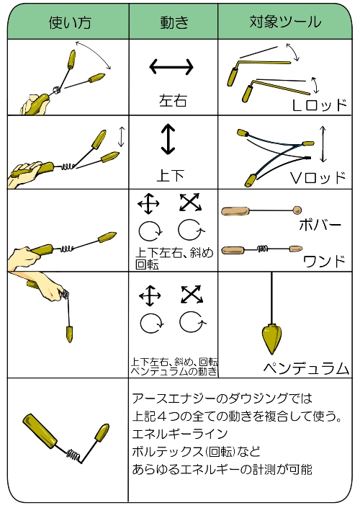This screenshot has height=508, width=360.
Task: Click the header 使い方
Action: point(70,22)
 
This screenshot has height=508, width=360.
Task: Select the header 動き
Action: point(174,22)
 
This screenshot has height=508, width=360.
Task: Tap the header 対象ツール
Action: point(285,22)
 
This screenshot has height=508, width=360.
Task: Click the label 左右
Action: point(173,100)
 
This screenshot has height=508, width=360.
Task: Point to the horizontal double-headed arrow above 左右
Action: point(171,67)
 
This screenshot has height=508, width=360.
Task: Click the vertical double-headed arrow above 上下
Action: point(168,139)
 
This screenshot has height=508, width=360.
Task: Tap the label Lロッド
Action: point(320,105)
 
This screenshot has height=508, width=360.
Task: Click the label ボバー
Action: point(320,225)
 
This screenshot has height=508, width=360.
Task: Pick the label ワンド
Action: point(325,261)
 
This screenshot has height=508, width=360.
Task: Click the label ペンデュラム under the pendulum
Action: point(306,368)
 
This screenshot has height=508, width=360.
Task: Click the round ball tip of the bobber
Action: point(297,210)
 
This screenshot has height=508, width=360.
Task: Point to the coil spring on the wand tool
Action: point(263,249)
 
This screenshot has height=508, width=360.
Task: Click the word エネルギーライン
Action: point(180,434)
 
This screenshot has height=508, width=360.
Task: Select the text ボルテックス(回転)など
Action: point(196,451)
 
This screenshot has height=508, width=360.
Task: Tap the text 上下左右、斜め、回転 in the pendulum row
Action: point(174,361)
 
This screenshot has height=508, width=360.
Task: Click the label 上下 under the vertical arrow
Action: point(171,175)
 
